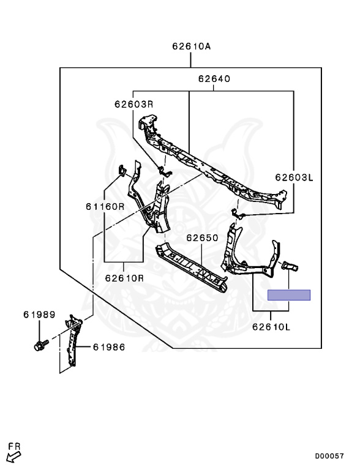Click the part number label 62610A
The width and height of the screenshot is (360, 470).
click(192, 47)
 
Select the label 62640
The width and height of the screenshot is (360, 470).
click(214, 79)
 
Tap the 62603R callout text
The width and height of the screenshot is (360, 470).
click(134, 104)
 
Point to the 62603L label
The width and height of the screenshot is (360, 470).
click(294, 177)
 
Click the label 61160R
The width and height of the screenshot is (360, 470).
click(105, 206)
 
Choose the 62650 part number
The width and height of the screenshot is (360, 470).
click(202, 237)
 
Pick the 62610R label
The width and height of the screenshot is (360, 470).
click(124, 278)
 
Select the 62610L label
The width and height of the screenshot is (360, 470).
click(271, 326)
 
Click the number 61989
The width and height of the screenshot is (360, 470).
click(39, 315)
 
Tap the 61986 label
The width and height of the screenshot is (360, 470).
click(109, 347)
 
